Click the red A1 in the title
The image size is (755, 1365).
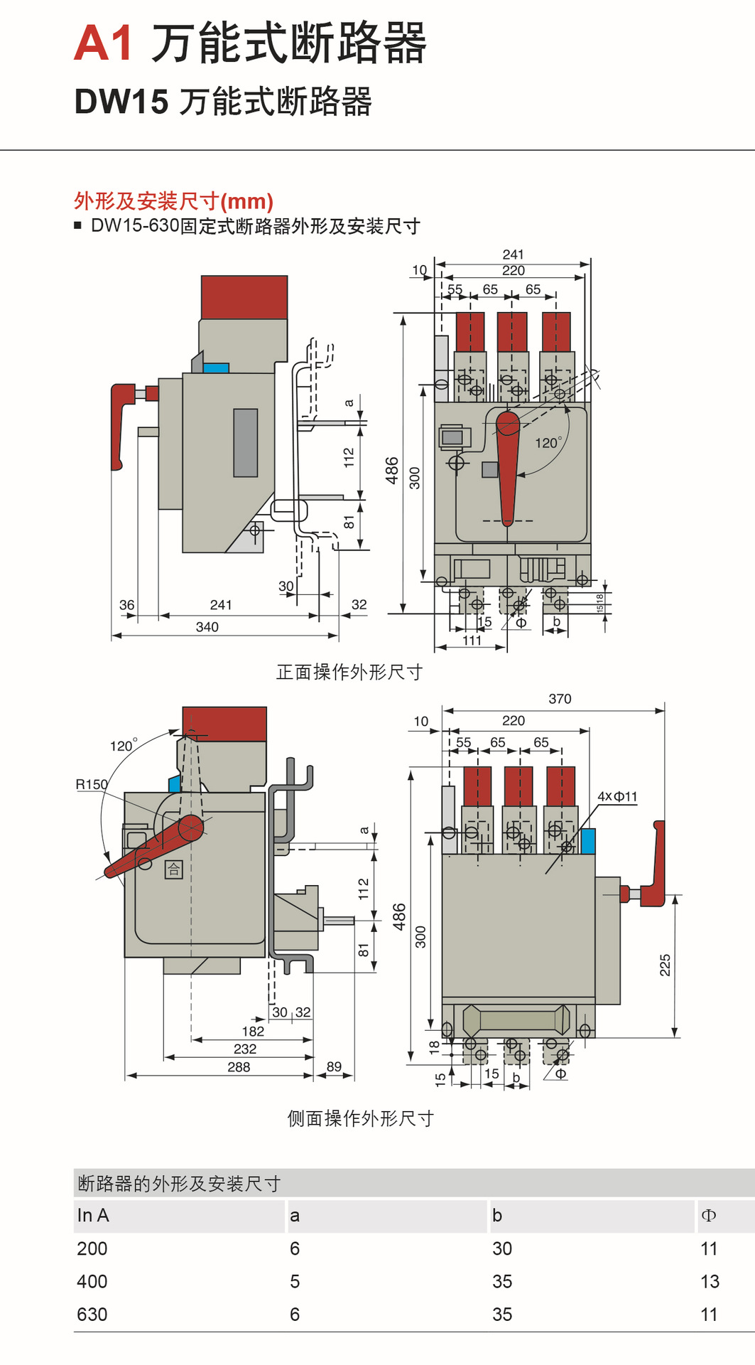click(103, 43)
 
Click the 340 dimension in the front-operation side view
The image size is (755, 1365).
click(207, 627)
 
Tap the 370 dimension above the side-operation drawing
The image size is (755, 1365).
click(560, 699)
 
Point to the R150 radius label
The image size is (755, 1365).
click(92, 784)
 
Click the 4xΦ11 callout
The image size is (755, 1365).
click(617, 796)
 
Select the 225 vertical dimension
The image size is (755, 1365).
click(665, 965)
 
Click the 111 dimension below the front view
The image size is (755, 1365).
click(472, 641)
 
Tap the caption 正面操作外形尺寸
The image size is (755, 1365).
click(349, 672)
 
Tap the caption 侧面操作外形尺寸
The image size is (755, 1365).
click(360, 1118)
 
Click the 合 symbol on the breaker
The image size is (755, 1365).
click(174, 869)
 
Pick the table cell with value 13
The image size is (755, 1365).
click(709, 1281)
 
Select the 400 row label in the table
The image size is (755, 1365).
click(92, 1281)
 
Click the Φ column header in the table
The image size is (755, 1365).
click(708, 1215)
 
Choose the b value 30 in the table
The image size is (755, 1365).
click(501, 1248)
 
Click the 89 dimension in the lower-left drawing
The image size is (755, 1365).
click(334, 1066)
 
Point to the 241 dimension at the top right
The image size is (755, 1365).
click(513, 255)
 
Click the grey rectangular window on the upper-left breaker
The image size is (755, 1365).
click(245, 442)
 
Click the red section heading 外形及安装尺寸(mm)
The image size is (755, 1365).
click(173, 201)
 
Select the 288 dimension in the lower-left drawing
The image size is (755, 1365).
click(239, 1066)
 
